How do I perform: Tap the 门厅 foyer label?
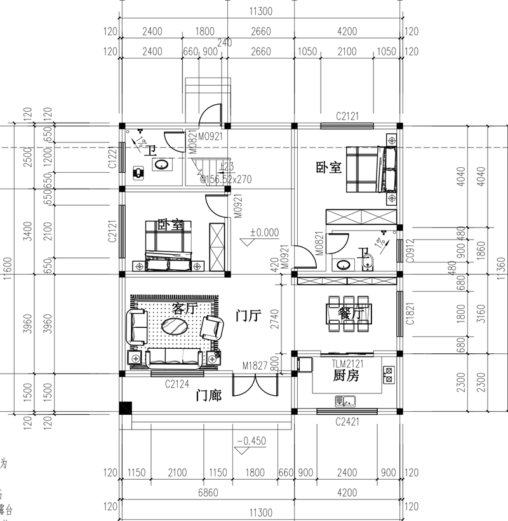point(248,316)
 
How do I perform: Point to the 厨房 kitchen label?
point(346,376)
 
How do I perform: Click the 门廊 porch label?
point(208,396)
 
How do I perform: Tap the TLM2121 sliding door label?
point(347,363)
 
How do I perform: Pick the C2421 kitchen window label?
point(347,421)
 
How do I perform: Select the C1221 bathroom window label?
point(112,156)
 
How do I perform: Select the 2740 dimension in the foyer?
point(274,316)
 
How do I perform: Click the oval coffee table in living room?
point(175,326)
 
